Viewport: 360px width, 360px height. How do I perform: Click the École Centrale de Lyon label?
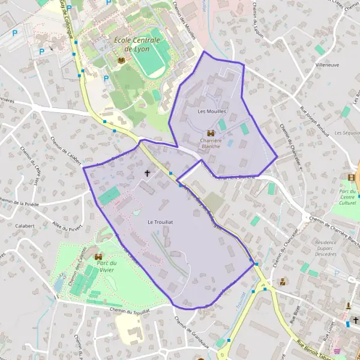[137, 44]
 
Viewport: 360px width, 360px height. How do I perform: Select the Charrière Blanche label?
[211, 143]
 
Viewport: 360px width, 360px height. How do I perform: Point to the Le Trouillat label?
[160, 222]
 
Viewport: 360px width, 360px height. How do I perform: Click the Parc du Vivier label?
[107, 266]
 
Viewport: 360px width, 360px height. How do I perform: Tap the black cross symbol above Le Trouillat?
[148, 173]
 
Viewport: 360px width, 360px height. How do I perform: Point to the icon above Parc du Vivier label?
[98, 257]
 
